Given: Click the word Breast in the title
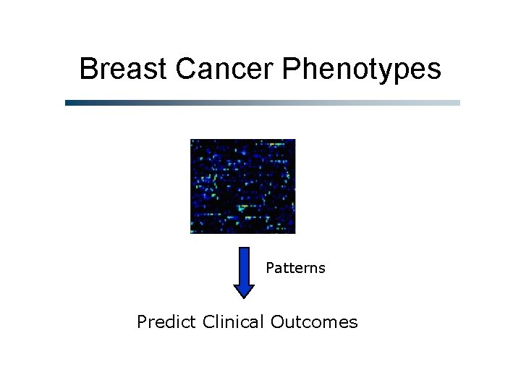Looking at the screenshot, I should tap(124, 70).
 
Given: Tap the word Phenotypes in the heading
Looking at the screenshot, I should tap(361, 70).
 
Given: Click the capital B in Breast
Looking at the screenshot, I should tap(88, 70).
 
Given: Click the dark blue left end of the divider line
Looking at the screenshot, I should tap(69, 103).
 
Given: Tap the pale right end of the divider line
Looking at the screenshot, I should tap(456, 103).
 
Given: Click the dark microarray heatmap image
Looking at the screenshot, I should tap(242, 186).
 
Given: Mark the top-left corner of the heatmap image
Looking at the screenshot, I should tap(191, 140).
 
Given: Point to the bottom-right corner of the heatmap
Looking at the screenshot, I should tap(295, 232).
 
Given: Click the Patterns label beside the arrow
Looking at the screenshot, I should tap(295, 269).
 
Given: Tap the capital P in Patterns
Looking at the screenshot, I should tap(270, 269).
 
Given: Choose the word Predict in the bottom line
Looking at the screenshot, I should tap(166, 321).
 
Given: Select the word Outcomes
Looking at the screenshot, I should tap(314, 321).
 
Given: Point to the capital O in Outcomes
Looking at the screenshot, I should tap(277, 321).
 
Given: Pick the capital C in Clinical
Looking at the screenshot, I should tap(209, 321).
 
